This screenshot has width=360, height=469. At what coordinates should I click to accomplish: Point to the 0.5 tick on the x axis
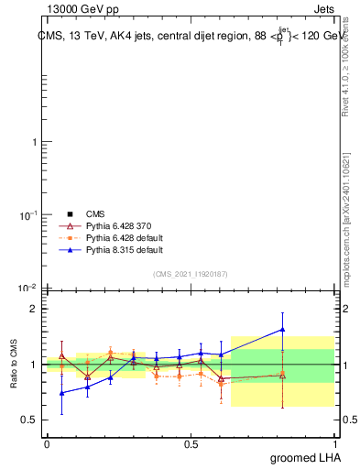click(191, 443)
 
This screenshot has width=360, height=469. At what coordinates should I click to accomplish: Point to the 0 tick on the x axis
click(47, 443)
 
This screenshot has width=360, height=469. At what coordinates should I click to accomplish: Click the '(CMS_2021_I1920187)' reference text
click(191, 273)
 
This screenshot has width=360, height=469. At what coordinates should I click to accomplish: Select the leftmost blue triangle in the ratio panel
click(61, 393)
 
